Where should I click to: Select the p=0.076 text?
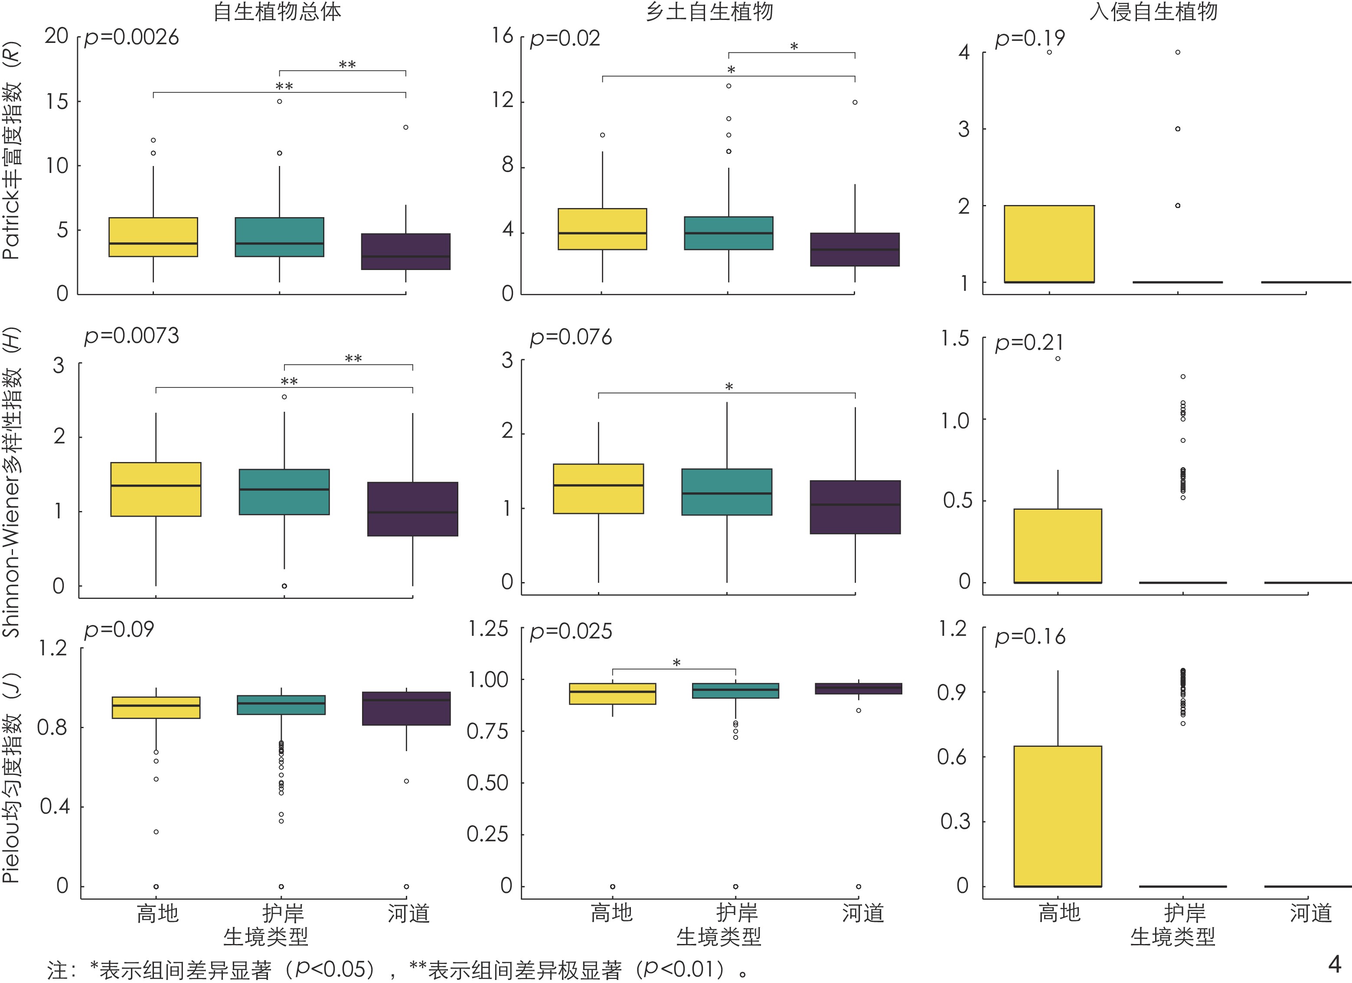click(x=571, y=338)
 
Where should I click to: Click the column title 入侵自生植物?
click(x=1153, y=11)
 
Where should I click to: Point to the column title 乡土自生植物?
click(x=709, y=11)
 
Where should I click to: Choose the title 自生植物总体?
click(x=277, y=11)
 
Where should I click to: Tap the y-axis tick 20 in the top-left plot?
click(x=57, y=36)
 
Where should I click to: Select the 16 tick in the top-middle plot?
click(x=502, y=36)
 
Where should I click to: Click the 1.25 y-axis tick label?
click(x=488, y=629)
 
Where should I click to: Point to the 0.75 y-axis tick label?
click(x=488, y=731)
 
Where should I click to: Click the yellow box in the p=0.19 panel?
click(x=1049, y=244)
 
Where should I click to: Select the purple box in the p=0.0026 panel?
click(x=406, y=251)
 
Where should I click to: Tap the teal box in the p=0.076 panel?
click(x=727, y=491)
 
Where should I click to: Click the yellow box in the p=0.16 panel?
click(x=1058, y=816)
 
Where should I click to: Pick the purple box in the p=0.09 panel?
click(x=406, y=708)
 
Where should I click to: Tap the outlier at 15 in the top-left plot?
click(x=280, y=101)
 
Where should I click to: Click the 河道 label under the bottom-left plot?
click(x=408, y=913)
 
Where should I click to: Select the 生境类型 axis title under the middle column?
click(x=718, y=937)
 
